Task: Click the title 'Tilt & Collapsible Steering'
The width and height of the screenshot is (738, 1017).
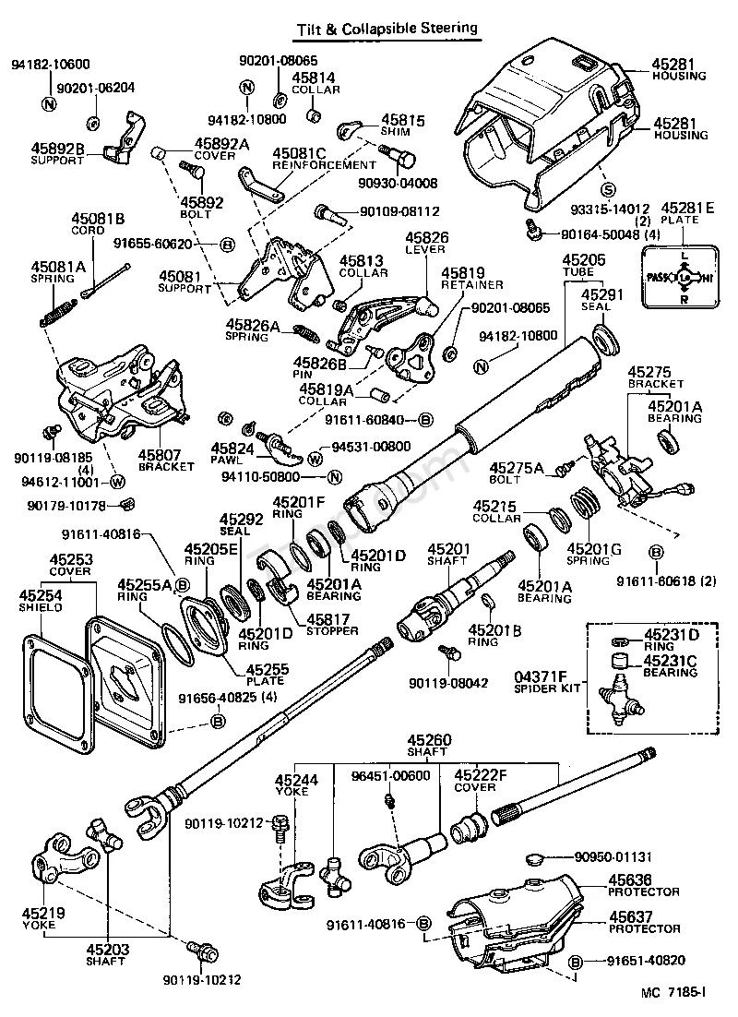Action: [387, 29]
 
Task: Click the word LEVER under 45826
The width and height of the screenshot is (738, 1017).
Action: [423, 249]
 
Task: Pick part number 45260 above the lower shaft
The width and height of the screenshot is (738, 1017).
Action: [430, 739]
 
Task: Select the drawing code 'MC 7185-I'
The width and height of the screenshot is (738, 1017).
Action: [673, 993]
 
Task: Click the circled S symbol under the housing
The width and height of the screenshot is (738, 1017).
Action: [607, 190]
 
